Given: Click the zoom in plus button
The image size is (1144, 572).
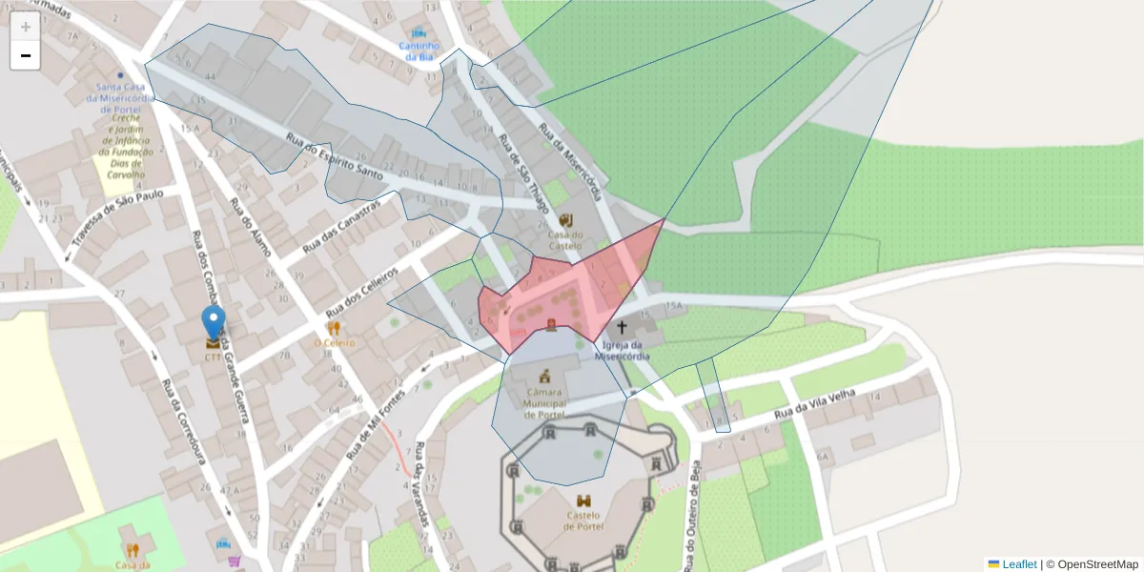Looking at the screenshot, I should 26,27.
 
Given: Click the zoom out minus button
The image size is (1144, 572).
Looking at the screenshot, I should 26,55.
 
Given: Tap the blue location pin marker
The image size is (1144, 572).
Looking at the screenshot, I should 214,324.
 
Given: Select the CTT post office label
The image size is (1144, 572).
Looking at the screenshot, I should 213,357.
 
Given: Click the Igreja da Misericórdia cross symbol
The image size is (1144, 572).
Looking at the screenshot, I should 622,328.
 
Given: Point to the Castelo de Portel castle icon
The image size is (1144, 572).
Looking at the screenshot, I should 582,500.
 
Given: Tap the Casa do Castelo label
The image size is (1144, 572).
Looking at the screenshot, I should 564,239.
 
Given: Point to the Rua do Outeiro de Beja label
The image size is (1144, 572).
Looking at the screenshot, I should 693,520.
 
